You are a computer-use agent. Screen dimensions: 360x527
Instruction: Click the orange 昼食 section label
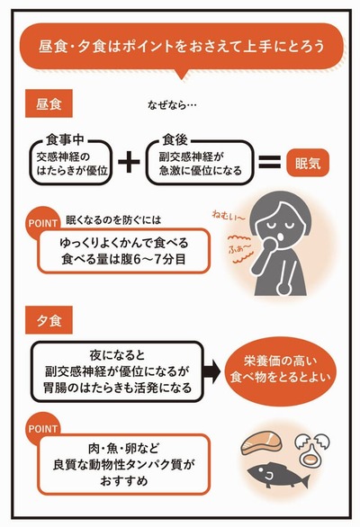click(x=49, y=103)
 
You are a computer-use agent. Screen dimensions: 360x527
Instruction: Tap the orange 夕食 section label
click(x=49, y=320)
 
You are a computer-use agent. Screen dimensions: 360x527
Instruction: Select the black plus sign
click(x=129, y=162)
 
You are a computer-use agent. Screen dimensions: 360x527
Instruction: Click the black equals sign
click(x=269, y=162)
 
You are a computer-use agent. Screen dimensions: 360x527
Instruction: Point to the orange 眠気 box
click(x=308, y=163)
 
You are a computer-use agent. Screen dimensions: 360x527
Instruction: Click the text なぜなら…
click(x=172, y=105)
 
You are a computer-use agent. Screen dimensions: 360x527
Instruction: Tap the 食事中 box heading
click(x=65, y=139)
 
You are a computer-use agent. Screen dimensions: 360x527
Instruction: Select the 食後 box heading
click(x=175, y=139)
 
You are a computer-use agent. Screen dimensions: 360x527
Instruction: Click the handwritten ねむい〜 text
click(x=228, y=216)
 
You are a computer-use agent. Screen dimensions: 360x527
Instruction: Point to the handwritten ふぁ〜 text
click(x=239, y=249)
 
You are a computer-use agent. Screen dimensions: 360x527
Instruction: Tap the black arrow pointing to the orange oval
click(x=212, y=371)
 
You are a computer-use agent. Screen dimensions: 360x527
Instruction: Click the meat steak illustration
click(x=261, y=443)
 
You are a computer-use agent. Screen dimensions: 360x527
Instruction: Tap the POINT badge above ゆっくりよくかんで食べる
click(x=42, y=223)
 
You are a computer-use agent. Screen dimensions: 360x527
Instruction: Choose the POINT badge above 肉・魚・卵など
click(x=42, y=428)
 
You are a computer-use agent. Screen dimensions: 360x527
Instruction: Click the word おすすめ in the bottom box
click(x=124, y=481)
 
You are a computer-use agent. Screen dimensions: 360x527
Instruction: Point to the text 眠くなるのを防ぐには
click(x=113, y=220)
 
